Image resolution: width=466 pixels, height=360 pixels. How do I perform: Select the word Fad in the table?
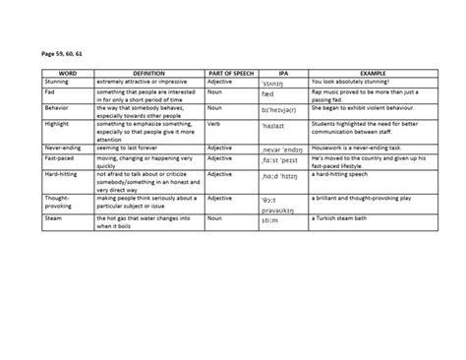[x=51, y=91]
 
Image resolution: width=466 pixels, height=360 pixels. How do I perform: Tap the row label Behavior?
[x=60, y=107]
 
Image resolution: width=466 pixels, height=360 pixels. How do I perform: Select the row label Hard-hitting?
[x=64, y=173]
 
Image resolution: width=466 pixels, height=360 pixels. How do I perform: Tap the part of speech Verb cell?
[x=214, y=124]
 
